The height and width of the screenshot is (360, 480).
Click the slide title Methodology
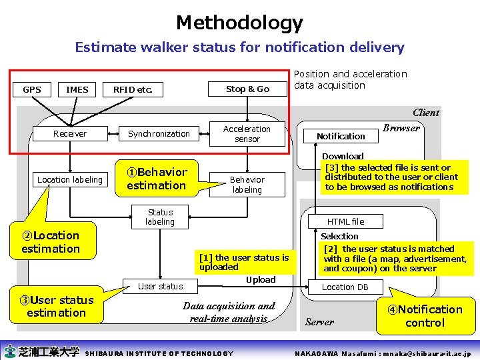tap(239, 23)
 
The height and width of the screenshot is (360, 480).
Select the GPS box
tap(32, 89)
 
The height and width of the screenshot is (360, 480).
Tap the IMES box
tap(77, 89)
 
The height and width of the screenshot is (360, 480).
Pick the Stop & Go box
tap(247, 89)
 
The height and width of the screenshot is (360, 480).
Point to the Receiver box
tap(70, 134)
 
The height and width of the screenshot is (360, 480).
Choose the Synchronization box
tap(159, 134)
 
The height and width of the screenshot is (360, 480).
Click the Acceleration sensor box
tap(247, 134)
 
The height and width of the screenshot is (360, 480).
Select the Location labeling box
tap(70, 179)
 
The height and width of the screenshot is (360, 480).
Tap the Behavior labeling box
tap(247, 185)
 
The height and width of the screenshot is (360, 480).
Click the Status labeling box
tap(160, 217)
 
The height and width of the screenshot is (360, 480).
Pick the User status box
tap(160, 287)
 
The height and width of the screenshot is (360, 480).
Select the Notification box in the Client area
tap(341, 136)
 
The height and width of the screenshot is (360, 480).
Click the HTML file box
tap(345, 221)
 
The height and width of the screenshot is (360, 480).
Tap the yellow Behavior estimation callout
tap(157, 179)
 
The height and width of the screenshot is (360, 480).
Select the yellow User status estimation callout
tap(57, 307)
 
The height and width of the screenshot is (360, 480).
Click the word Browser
tap(402, 128)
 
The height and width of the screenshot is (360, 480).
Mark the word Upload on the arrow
tap(260, 280)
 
